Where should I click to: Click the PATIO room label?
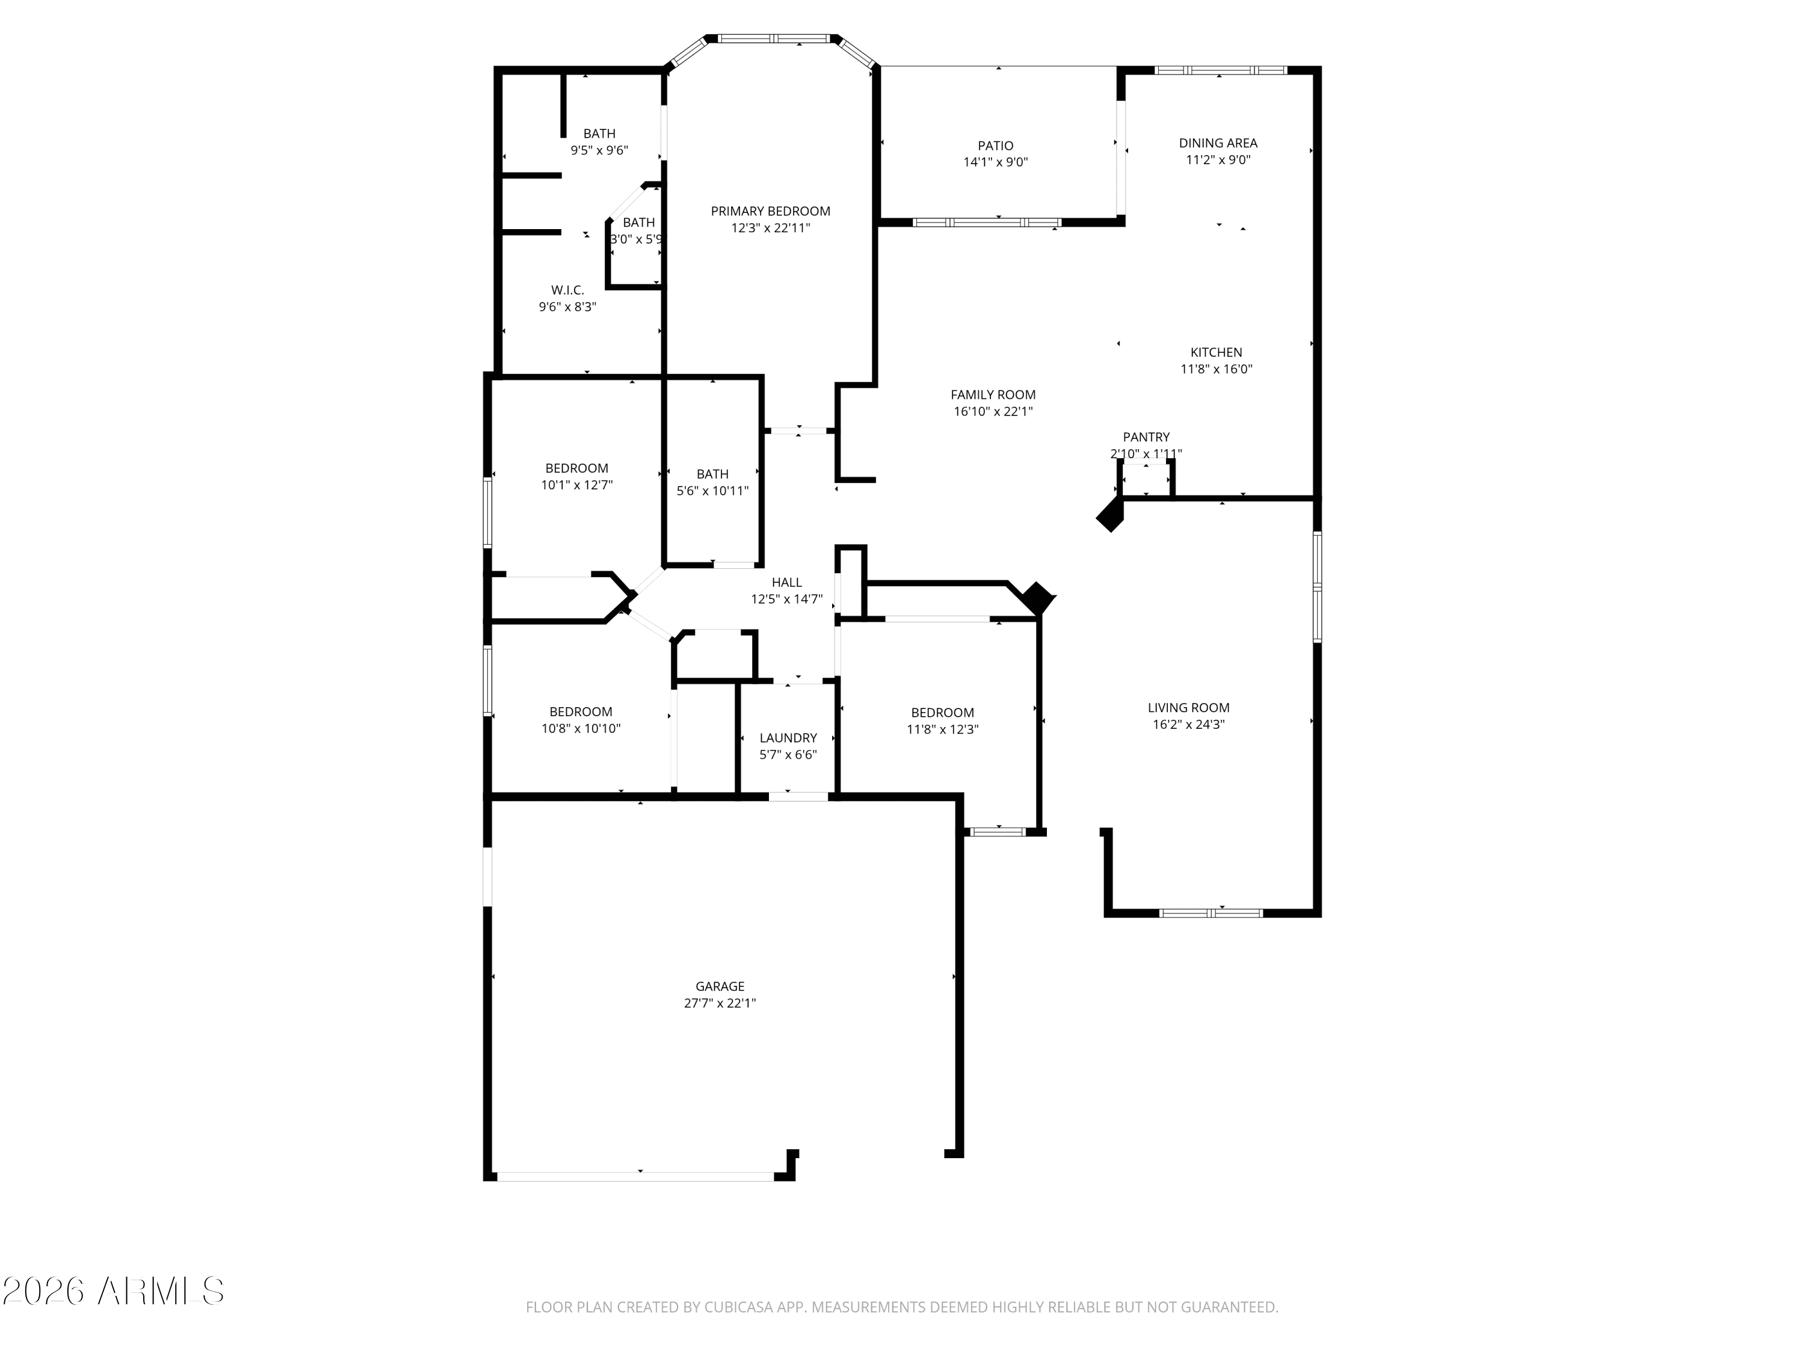point(996,146)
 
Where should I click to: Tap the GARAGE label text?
point(720,986)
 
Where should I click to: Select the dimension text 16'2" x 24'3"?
point(1188,724)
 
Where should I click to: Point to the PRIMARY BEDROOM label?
point(770,211)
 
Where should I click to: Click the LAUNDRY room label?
point(788,738)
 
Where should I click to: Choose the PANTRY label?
point(1146,437)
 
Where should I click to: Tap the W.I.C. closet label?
point(567,290)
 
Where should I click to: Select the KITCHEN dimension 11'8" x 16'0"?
point(1216,369)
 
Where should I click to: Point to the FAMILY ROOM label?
point(993,394)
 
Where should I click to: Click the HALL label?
point(786,582)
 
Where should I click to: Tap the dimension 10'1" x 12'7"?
point(576,485)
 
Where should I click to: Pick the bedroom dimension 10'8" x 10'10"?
point(581,728)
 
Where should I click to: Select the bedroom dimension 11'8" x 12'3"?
point(942,729)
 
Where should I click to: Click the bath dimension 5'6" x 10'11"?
point(712,491)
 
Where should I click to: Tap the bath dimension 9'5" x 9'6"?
point(599,150)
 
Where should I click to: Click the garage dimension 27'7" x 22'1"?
point(720,1003)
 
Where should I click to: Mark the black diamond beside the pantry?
point(1109,514)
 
